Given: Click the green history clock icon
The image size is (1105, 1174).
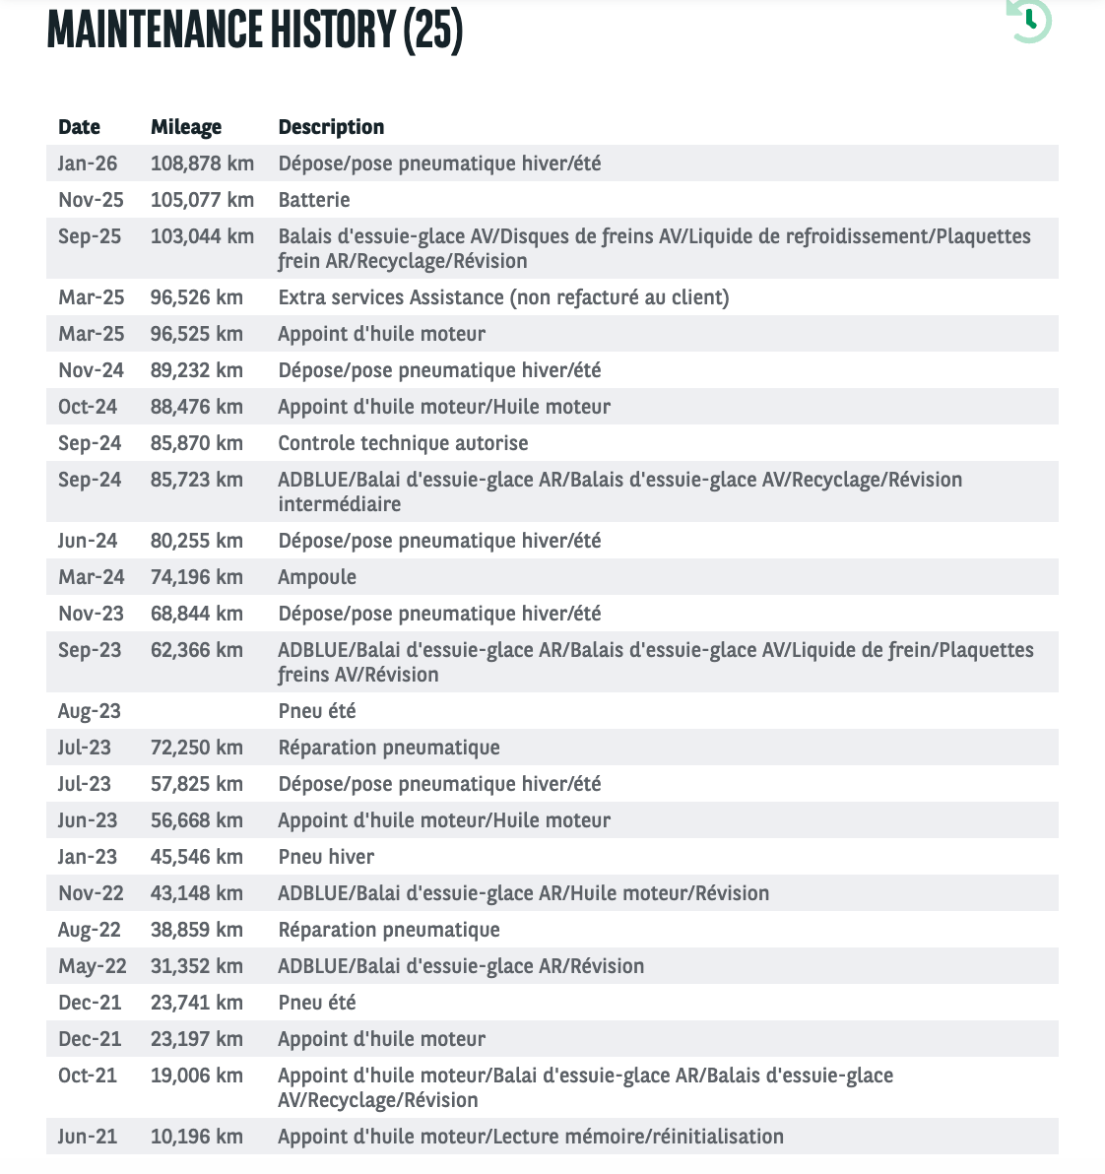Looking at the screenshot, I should pyautogui.click(x=1030, y=20).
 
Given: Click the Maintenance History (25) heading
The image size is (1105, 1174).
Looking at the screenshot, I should pyautogui.click(x=255, y=29).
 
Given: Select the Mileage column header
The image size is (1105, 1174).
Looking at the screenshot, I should pyautogui.click(x=186, y=127).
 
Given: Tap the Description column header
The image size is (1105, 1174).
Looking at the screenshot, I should pyautogui.click(x=331, y=127).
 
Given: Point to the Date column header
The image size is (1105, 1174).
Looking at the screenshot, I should pyautogui.click(x=79, y=127).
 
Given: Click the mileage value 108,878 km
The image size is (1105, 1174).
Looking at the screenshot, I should pyautogui.click(x=202, y=163).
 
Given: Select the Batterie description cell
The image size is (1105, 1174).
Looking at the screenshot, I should pyautogui.click(x=314, y=200).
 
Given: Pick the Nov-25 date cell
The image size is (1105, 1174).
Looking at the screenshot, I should pyautogui.click(x=91, y=200).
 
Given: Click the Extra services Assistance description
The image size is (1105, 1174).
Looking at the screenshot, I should pyautogui.click(x=503, y=297).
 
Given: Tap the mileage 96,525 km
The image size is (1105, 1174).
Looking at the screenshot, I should pyautogui.click(x=196, y=334).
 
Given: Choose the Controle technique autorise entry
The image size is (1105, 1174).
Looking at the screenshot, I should pyautogui.click(x=403, y=443).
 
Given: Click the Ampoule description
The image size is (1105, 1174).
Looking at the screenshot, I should pyautogui.click(x=317, y=577).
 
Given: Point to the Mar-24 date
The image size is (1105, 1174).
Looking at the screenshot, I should pyautogui.click(x=91, y=577).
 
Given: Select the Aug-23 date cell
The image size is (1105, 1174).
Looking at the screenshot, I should pyautogui.click(x=90, y=711).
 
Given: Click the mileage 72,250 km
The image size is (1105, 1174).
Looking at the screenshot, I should pyautogui.click(x=196, y=748).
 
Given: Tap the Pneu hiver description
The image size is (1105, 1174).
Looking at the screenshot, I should pyautogui.click(x=326, y=857).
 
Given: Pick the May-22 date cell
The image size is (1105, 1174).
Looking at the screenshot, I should pyautogui.click(x=92, y=966).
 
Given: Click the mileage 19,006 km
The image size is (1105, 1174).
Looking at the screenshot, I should pyautogui.click(x=196, y=1076).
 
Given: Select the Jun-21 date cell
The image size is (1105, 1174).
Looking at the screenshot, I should pyautogui.click(x=88, y=1137).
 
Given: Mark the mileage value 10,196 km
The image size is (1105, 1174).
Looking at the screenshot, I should pyautogui.click(x=196, y=1137).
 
